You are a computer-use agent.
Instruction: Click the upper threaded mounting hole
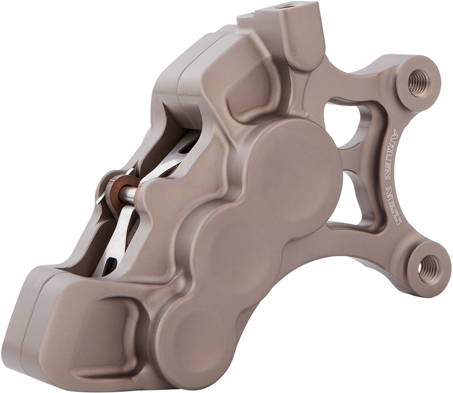point(418,82)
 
